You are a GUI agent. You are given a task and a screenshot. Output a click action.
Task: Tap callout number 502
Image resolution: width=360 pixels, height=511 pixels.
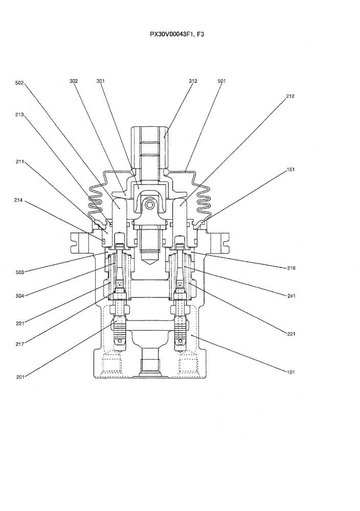pos(20,83)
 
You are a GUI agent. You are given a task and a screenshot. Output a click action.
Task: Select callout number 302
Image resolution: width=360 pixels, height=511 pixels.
pos(74,81)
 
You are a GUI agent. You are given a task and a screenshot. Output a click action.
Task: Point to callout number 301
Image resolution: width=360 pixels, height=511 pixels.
pos(100,81)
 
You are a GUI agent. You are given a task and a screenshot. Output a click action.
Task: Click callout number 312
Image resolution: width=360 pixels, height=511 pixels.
pos(193,81)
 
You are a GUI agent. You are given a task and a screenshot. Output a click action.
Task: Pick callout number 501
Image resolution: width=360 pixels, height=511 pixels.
pos(221,81)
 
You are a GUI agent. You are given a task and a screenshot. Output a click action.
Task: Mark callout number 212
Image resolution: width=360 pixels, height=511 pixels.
pos(290,96)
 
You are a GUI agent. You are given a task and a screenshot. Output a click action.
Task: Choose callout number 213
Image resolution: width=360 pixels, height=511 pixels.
pos(20,115)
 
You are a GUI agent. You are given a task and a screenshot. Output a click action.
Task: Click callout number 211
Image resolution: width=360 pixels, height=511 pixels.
pos(20,161)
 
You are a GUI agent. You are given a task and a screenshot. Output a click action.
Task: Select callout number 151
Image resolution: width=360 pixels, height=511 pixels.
pos(290,169)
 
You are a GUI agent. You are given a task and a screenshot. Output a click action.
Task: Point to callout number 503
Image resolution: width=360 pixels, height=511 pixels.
pos(20,272)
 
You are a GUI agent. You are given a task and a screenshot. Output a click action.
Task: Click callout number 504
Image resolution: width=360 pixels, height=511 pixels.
pos(20,295)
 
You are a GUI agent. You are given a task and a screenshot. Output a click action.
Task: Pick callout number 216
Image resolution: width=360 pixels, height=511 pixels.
pos(290,268)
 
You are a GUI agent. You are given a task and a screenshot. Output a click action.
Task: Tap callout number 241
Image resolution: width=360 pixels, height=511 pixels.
pos(290,295)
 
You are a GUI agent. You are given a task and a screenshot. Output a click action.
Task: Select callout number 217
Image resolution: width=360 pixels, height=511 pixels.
pos(20,344)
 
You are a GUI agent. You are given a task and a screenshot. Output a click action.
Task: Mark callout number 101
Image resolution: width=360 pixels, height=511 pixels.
pos(290,372)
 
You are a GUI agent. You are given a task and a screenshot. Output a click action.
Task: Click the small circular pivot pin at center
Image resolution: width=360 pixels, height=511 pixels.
pos(149,205)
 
